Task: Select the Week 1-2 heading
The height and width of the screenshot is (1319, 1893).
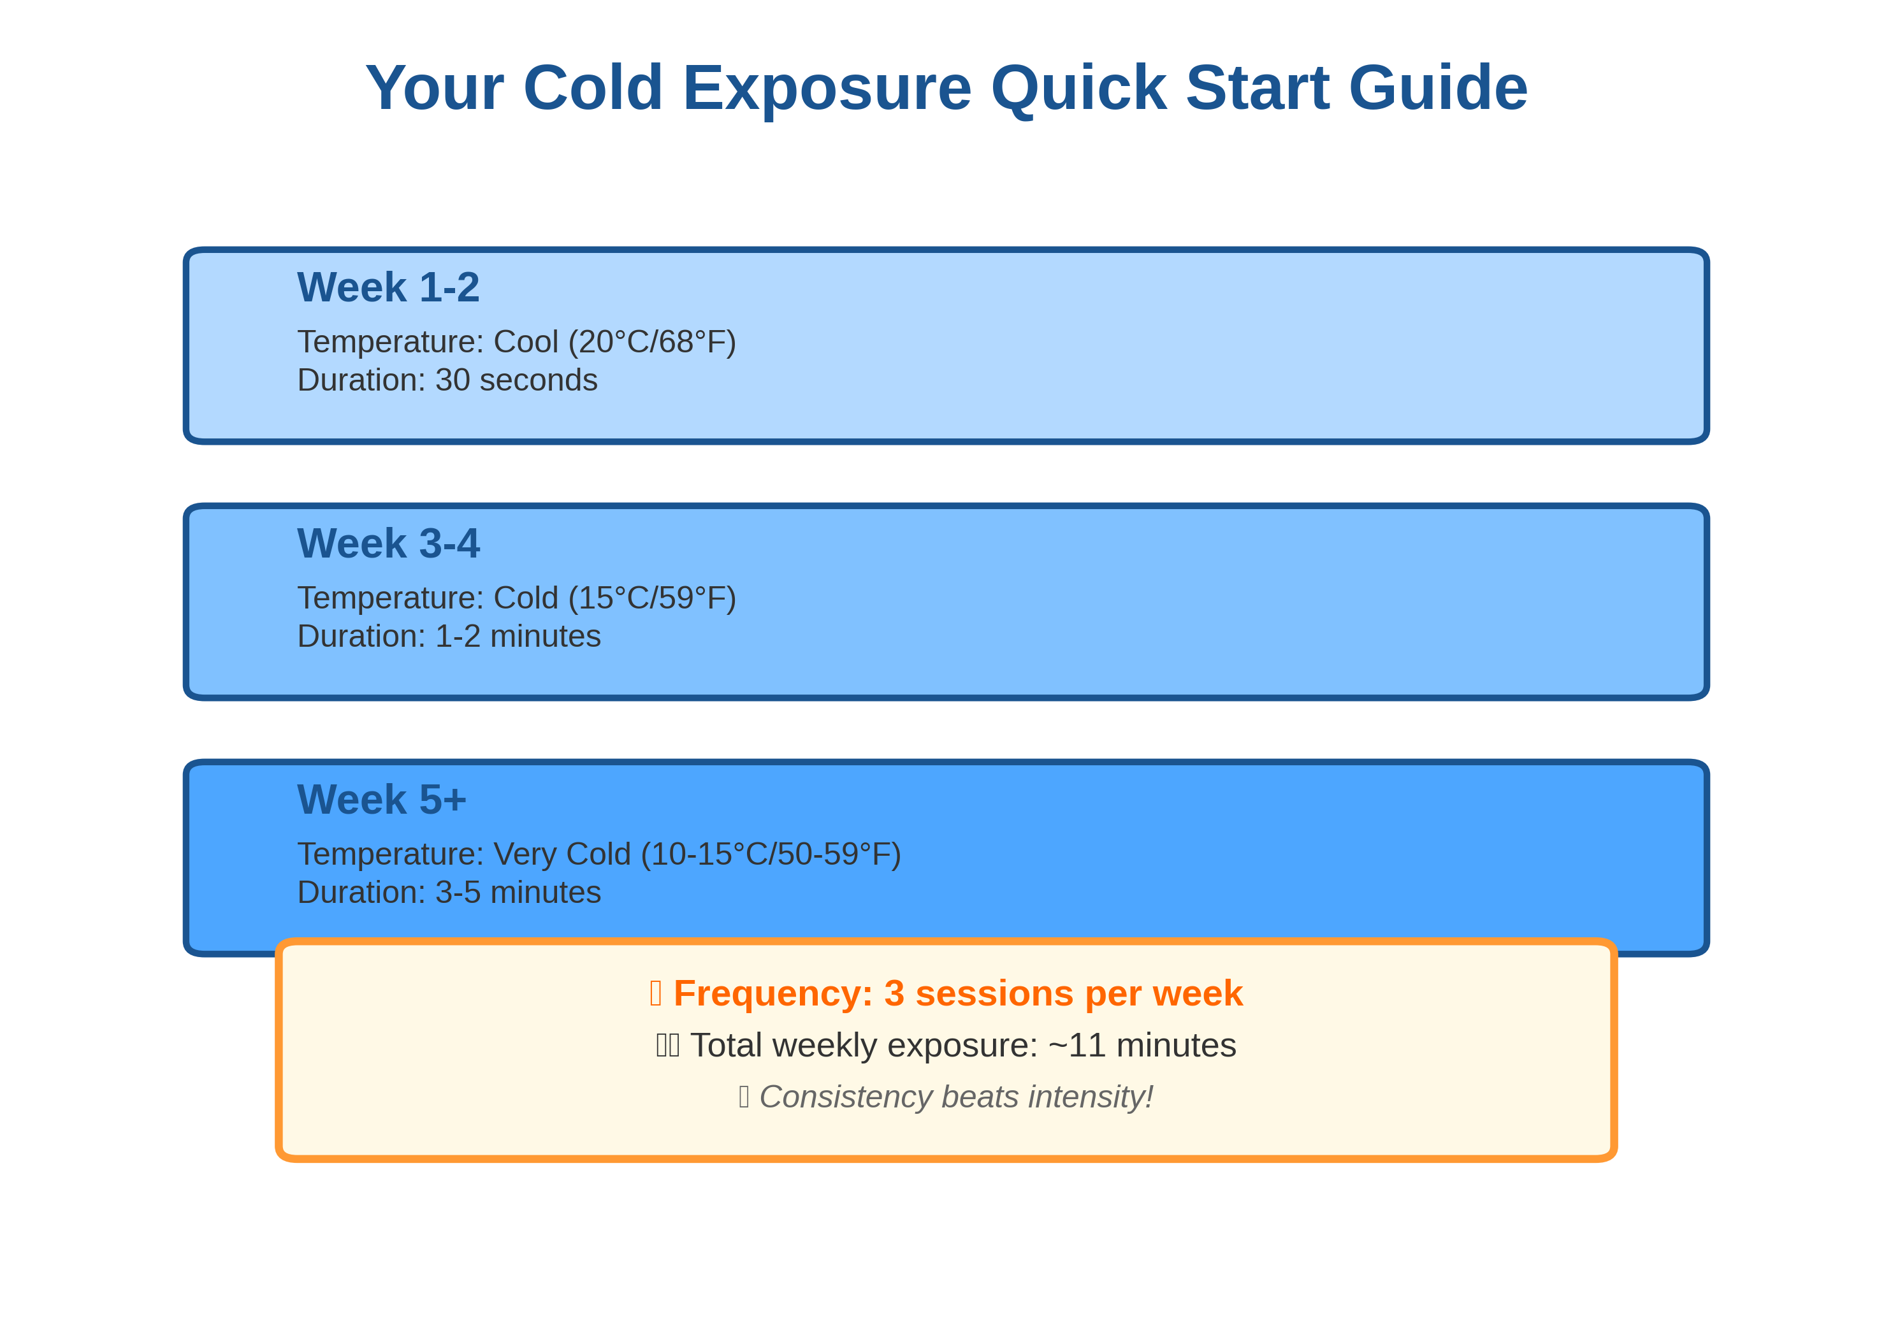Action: [388, 288]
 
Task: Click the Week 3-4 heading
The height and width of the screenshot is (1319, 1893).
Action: [388, 544]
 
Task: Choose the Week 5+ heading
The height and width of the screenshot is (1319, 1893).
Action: [381, 800]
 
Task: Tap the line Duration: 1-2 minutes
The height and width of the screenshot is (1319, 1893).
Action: [449, 637]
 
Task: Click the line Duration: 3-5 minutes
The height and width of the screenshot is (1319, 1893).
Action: [449, 893]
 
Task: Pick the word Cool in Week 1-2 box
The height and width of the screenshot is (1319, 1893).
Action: [526, 342]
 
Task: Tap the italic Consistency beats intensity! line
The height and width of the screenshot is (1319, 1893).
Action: [955, 1097]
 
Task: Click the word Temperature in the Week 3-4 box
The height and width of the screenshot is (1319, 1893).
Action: [390, 598]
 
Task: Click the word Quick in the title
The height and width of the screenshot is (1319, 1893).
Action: [1078, 87]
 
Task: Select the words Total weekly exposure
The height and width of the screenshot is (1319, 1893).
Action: [863, 1045]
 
